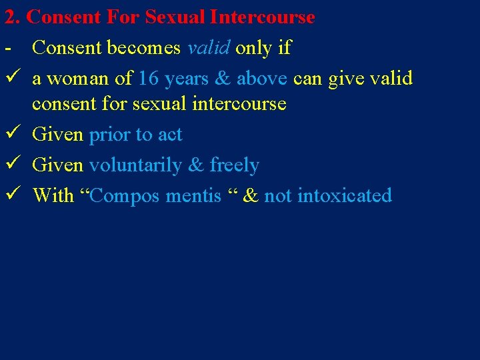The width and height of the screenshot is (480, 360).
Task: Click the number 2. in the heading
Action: [x=12, y=17]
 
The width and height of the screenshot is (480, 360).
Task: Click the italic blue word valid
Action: [x=209, y=48]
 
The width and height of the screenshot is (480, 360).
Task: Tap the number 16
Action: [x=149, y=79]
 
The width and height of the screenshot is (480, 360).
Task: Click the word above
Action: [x=261, y=79]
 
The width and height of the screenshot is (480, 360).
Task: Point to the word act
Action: [x=170, y=135]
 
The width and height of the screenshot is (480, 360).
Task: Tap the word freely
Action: [x=234, y=165]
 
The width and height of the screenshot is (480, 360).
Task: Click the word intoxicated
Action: [x=345, y=196]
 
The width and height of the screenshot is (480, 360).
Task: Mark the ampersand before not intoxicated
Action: [x=251, y=196]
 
